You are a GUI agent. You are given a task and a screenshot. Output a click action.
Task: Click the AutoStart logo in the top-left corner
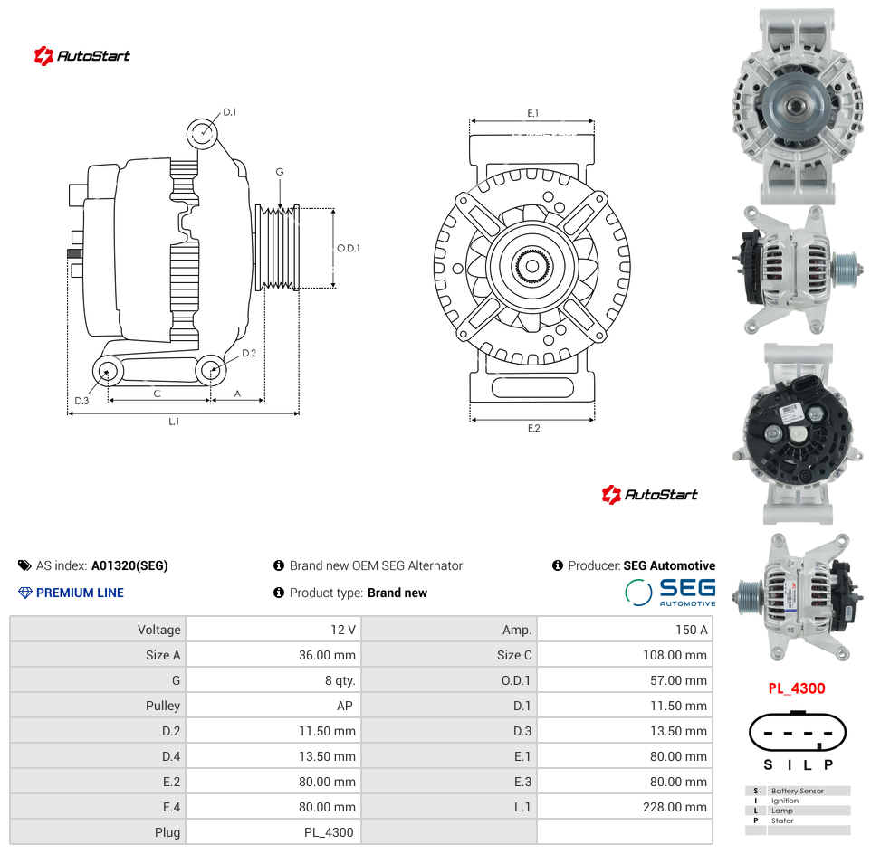(81, 55)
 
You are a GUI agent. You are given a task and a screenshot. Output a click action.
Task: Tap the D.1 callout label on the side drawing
(229, 112)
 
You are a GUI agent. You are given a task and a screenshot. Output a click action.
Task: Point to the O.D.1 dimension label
(349, 248)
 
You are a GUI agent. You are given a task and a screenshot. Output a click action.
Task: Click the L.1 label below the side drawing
(174, 422)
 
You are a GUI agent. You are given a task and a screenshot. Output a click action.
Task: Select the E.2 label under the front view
(533, 428)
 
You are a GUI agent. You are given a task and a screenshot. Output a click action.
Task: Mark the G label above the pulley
(280, 172)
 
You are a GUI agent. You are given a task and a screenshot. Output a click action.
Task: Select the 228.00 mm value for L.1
(675, 807)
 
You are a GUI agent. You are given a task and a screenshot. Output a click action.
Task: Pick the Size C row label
(514, 655)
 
